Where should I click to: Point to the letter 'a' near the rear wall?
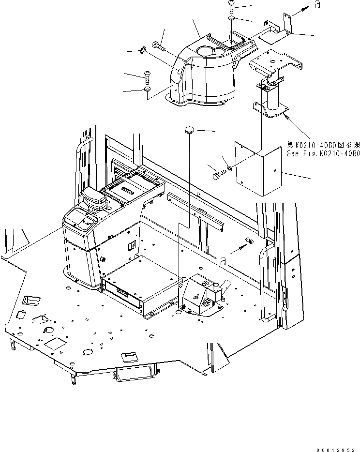223,261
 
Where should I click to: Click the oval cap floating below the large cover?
190,130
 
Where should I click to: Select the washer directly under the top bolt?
232,18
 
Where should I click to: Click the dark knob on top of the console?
92,198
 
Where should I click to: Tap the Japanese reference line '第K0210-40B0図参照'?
323,145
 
